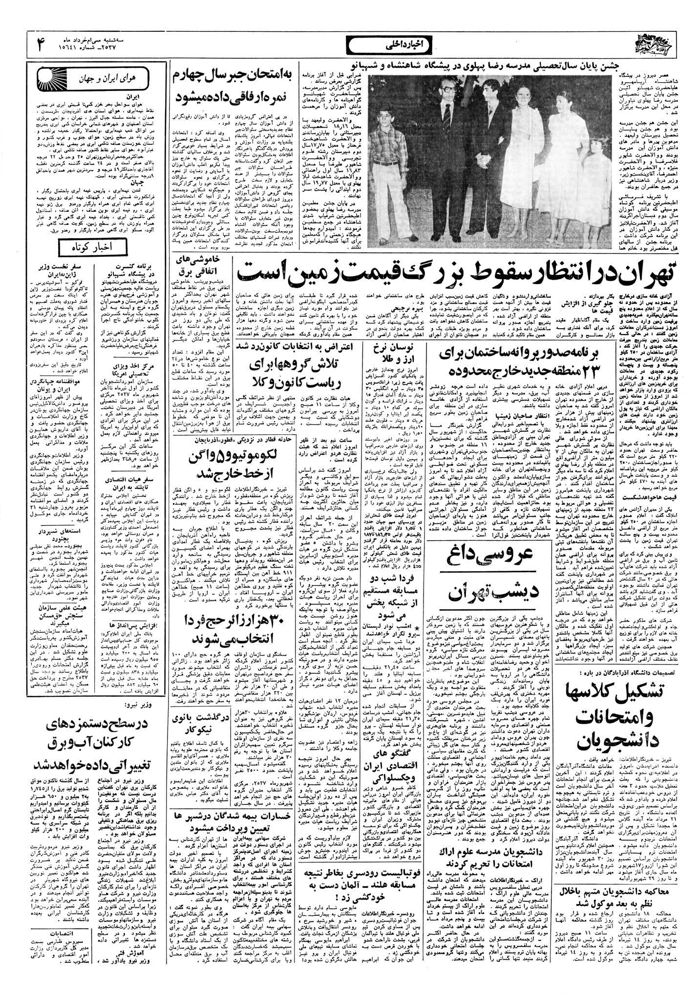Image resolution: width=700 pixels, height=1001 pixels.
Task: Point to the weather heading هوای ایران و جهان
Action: (109, 79)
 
